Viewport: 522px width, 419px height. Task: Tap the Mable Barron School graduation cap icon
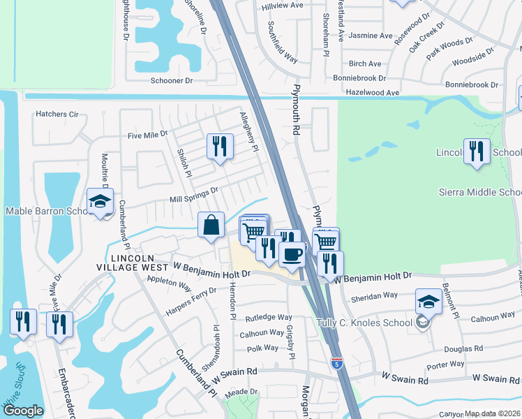(100, 203)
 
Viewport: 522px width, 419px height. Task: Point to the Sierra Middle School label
(479, 193)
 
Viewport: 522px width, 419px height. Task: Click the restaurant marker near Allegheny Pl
(220, 147)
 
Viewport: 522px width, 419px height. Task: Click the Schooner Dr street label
(172, 81)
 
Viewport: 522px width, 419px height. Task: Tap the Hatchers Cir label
(57, 114)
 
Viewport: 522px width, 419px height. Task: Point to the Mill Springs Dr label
(195, 194)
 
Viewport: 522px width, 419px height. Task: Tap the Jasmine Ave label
(370, 36)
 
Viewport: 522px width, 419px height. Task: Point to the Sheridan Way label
(377, 296)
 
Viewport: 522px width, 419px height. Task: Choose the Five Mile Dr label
(147, 134)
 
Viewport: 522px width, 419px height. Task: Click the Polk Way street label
(263, 348)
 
